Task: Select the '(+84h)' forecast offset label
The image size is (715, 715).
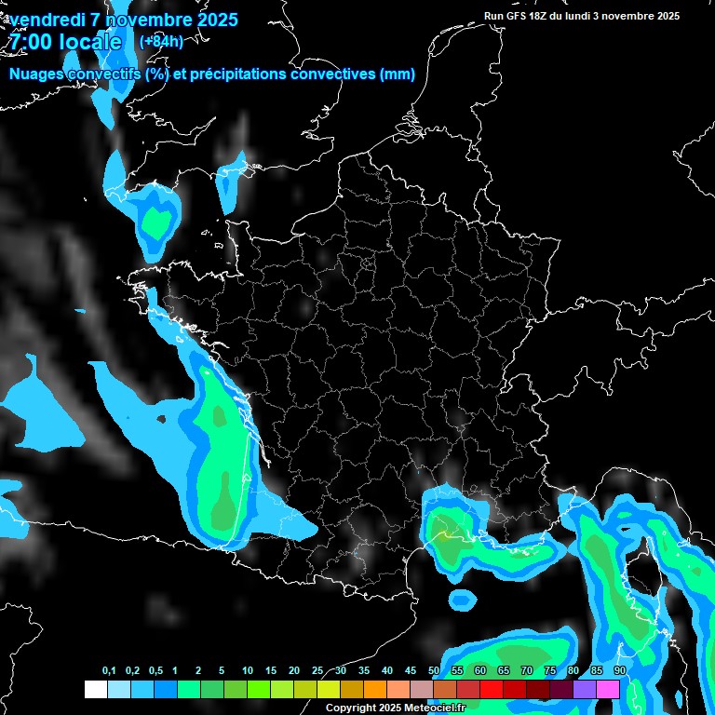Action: pos(161,41)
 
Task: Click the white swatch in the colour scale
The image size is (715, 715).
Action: pos(95,689)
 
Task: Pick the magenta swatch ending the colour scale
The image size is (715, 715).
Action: pos(608,689)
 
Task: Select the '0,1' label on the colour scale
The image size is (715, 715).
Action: pos(108,670)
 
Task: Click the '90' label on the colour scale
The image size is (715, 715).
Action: pos(619,670)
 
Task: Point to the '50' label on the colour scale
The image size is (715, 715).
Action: pos(434,670)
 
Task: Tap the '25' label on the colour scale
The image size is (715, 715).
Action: pos(317,670)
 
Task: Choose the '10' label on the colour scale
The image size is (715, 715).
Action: pos(248,670)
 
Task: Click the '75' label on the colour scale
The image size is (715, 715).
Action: pos(550,670)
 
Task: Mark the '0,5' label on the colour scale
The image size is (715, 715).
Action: pos(155,670)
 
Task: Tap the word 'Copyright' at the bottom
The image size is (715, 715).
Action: pos(350,708)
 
